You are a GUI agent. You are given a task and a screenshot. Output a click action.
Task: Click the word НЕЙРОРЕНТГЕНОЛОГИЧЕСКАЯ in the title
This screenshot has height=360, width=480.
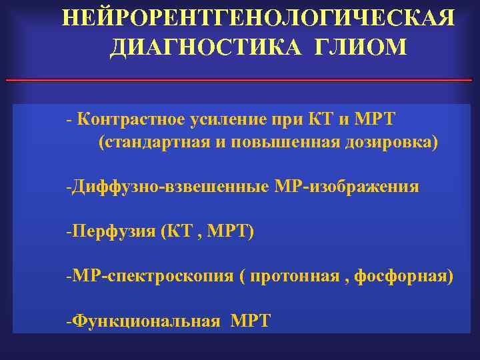pos(259,18)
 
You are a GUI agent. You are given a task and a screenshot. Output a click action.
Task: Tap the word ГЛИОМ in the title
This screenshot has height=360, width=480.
pos(355,47)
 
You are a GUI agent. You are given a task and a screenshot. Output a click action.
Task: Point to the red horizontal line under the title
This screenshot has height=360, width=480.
pos(239,80)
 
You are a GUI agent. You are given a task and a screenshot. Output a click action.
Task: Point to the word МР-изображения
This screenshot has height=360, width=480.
pos(347,187)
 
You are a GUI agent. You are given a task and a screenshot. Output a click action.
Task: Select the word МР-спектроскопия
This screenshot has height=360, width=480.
pos(153,276)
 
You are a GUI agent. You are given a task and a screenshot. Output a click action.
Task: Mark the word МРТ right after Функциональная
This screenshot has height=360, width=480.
pos(251,321)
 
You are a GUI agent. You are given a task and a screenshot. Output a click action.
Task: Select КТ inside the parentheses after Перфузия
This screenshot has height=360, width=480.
pos(174,231)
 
